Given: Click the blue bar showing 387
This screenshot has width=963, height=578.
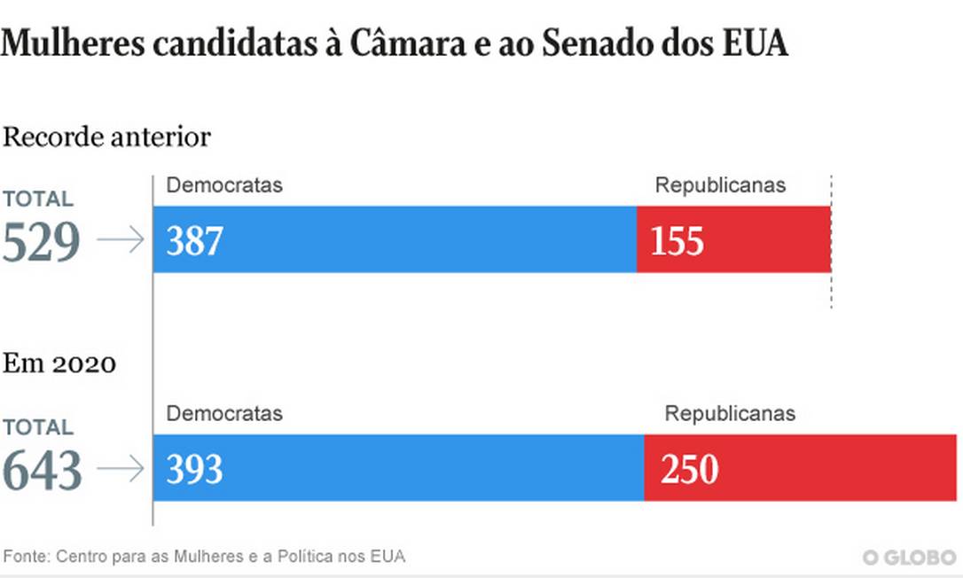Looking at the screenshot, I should pos(395,239).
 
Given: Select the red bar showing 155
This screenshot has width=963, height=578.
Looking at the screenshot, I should pos(733,239).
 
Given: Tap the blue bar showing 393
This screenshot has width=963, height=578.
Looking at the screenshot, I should pos(398,468).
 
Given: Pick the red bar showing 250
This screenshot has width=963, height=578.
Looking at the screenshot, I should pos(802,468).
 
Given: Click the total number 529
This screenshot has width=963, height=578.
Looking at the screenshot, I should pos(42,242).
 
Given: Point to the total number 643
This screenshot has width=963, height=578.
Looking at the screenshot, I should pos(42,470).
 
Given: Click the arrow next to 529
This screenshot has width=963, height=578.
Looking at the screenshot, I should pos(120,240).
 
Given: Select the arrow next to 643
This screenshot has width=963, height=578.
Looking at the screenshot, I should pos(120,469).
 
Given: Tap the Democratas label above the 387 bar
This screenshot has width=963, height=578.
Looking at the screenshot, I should pos(224,185).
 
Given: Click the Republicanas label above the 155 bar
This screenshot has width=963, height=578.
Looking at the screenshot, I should pos(720,185).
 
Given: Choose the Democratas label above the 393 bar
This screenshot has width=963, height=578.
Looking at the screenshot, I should pos(224,413).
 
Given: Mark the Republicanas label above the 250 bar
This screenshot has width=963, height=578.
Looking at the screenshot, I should pos(730,413).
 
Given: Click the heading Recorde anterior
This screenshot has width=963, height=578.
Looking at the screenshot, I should pos(106,137).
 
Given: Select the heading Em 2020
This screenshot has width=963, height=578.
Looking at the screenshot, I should pos(59,363).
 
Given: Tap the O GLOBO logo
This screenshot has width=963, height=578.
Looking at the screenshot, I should pos(909,558).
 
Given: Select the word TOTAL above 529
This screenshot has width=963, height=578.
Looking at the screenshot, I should pos(37,199).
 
